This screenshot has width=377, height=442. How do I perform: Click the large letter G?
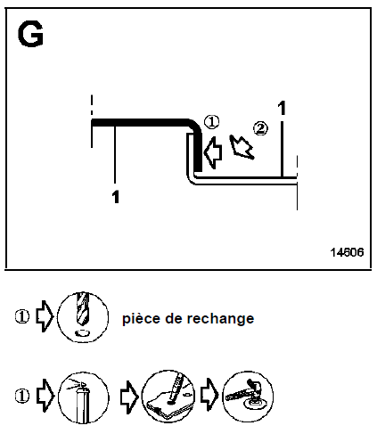(30, 34)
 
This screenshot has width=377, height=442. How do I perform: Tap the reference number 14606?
(347, 252)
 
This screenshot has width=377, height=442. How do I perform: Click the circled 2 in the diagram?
(260, 128)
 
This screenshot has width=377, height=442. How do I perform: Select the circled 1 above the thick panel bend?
(211, 122)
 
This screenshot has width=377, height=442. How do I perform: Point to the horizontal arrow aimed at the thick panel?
(213, 152)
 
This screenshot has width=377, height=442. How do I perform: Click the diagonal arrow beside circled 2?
(242, 147)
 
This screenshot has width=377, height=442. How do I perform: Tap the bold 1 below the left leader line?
(116, 197)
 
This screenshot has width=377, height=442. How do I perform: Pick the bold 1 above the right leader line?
(282, 108)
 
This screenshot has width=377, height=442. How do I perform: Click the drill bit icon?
(83, 317)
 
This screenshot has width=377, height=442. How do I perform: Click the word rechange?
(220, 319)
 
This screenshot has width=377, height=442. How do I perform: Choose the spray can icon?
(83, 397)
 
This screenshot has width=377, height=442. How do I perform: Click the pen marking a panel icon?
(168, 396)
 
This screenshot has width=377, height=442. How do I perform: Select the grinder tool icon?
(248, 397)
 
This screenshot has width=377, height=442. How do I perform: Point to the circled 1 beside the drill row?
(22, 316)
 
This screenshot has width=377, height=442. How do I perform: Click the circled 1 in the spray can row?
(22, 397)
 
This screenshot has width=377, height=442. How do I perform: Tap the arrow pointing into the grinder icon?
(209, 395)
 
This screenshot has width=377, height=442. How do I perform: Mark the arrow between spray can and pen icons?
(129, 397)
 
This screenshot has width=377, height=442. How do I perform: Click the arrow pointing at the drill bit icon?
(45, 316)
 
